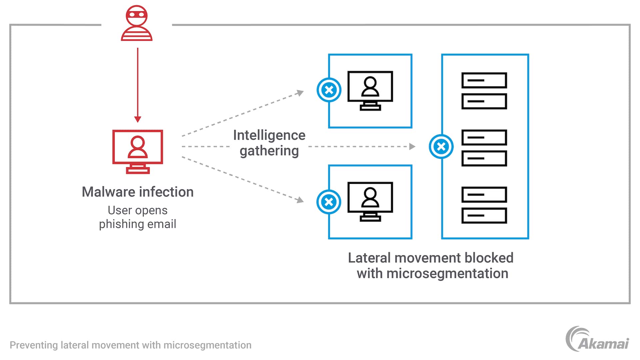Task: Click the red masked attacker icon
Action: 137,23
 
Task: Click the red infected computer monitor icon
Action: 138,152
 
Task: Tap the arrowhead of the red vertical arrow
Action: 138,119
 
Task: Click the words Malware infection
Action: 138,192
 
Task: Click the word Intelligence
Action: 269,135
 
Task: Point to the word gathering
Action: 269,151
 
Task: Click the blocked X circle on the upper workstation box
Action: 329,90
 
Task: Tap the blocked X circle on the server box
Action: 441,147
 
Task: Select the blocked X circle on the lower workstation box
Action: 329,202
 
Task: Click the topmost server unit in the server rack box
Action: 484,80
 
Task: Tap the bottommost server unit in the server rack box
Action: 484,216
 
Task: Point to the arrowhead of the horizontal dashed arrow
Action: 412,147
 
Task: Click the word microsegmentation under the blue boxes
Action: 447,274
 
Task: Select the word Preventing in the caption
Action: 34,345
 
